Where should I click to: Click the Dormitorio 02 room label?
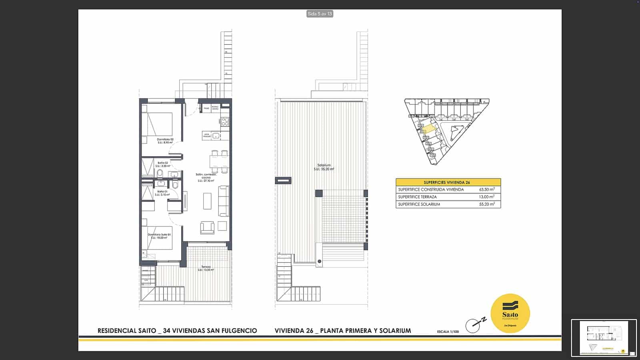[x=165, y=140]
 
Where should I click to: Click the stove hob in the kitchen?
[x=225, y=121]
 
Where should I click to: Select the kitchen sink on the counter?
[x=216, y=136]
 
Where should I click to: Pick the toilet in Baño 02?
[x=160, y=173]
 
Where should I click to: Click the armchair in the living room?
[x=207, y=227]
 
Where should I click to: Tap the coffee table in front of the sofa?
[x=207, y=201]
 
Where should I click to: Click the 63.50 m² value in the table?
[x=487, y=190]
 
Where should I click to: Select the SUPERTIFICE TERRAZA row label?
[x=417, y=197]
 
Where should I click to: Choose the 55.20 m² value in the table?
[x=487, y=204]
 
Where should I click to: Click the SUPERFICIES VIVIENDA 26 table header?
[x=447, y=182]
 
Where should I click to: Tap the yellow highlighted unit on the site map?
[x=428, y=129]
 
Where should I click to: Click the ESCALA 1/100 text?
[x=448, y=332]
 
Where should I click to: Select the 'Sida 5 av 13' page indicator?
[x=320, y=14]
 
